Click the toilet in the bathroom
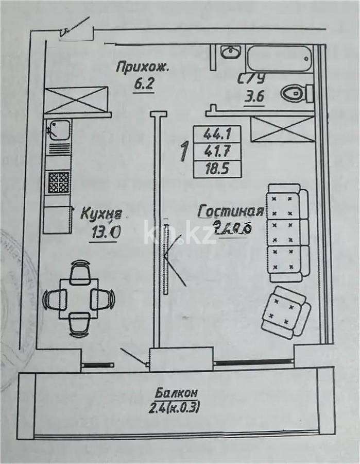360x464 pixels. tap(296, 93)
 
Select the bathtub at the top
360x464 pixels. tap(279, 59)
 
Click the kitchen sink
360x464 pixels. tap(58, 129)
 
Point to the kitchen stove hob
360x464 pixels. tap(58, 182)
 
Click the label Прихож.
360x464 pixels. tap(143, 67)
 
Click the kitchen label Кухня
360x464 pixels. tap(102, 213)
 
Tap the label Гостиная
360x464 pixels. tap(230, 211)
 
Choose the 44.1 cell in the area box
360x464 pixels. tap(217, 134)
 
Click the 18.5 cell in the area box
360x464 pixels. tap(217, 169)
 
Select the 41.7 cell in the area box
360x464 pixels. tap(217, 152)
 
